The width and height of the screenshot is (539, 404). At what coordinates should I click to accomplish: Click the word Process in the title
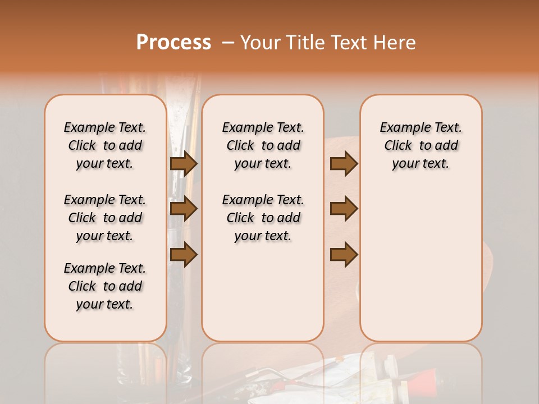pyautogui.click(x=173, y=43)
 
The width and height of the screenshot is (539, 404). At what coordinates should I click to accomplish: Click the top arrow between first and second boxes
pyautogui.click(x=184, y=164)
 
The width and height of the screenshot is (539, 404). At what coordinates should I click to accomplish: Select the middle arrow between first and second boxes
pyautogui.click(x=184, y=209)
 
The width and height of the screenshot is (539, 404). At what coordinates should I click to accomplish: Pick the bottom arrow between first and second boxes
pyautogui.click(x=184, y=254)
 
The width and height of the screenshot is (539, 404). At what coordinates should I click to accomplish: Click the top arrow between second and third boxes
pyautogui.click(x=344, y=164)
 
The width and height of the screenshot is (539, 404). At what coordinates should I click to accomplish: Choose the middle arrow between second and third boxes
pyautogui.click(x=344, y=209)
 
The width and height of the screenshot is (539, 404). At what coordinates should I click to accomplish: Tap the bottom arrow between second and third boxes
pyautogui.click(x=344, y=254)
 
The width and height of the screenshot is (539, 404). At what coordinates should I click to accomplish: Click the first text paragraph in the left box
pyautogui.click(x=105, y=145)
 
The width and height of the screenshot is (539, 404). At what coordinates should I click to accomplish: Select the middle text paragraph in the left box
pyautogui.click(x=105, y=218)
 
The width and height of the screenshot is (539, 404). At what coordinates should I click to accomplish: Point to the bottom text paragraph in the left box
pyautogui.click(x=105, y=286)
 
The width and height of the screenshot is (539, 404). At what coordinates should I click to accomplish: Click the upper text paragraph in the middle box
pyautogui.click(x=263, y=145)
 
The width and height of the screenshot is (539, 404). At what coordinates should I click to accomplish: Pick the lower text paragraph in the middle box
pyautogui.click(x=263, y=218)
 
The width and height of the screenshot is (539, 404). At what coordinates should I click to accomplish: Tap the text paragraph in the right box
pyautogui.click(x=421, y=145)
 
